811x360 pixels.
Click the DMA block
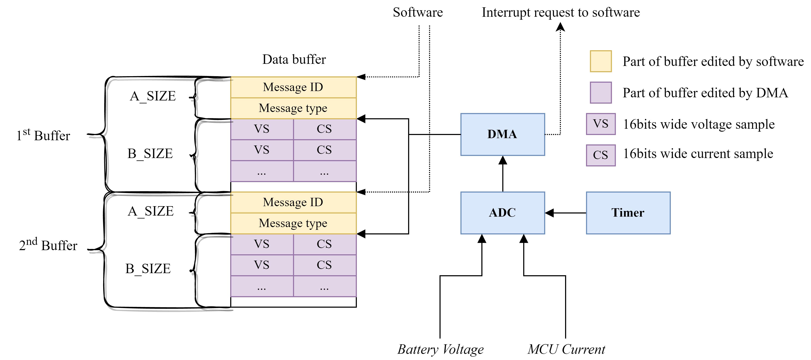tap(503, 134)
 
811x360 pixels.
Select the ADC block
tap(503, 213)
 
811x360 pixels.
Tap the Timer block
tap(628, 213)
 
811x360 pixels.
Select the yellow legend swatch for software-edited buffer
tap(600, 61)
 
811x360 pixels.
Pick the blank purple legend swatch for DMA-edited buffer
tap(600, 93)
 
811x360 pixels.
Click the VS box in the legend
tap(600, 124)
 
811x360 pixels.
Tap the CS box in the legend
tap(600, 155)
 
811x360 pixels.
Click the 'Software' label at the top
tap(418, 12)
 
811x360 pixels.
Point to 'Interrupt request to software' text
tap(560, 12)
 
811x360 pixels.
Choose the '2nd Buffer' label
tap(48, 245)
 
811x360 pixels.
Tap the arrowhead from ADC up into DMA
tap(503, 160)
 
